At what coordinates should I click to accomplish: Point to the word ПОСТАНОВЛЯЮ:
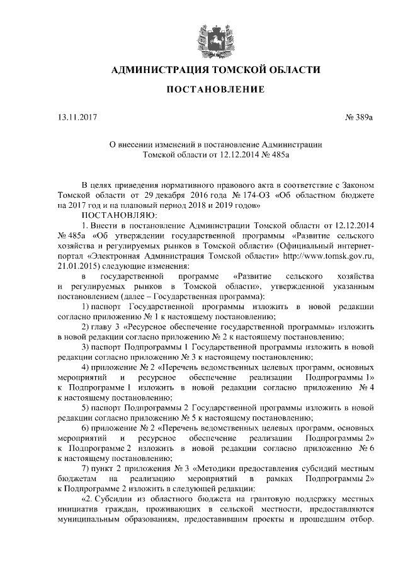(x=113, y=215)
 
